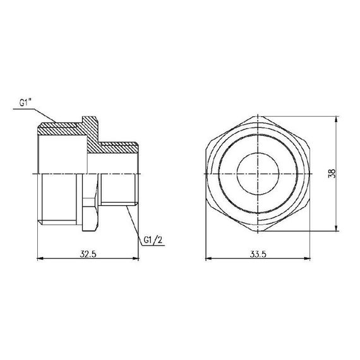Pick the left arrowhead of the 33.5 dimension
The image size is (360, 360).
click(208, 258)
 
